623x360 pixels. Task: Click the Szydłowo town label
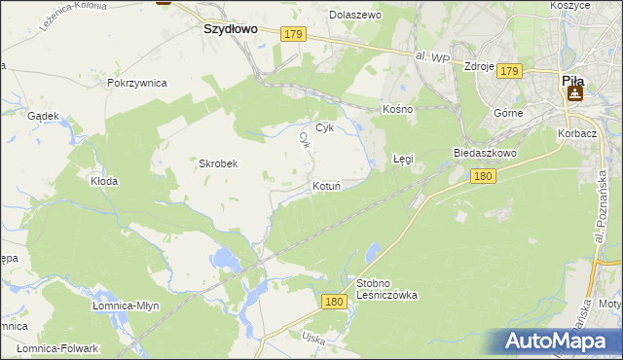[x=230, y=29]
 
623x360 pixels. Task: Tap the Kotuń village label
[x=326, y=185]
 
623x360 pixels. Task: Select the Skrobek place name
[x=218, y=163]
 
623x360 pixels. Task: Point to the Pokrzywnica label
[x=138, y=84]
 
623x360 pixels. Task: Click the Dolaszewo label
[x=355, y=16]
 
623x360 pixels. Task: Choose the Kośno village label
[x=398, y=109]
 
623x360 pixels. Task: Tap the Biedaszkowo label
[x=484, y=154]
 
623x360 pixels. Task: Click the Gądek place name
[x=44, y=116]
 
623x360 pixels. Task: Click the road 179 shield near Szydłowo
[x=294, y=34]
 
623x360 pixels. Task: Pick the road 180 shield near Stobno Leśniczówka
[x=334, y=303]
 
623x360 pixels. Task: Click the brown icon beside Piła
[x=574, y=93]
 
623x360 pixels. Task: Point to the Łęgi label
[x=403, y=158]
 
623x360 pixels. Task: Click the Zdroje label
[x=480, y=66]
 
